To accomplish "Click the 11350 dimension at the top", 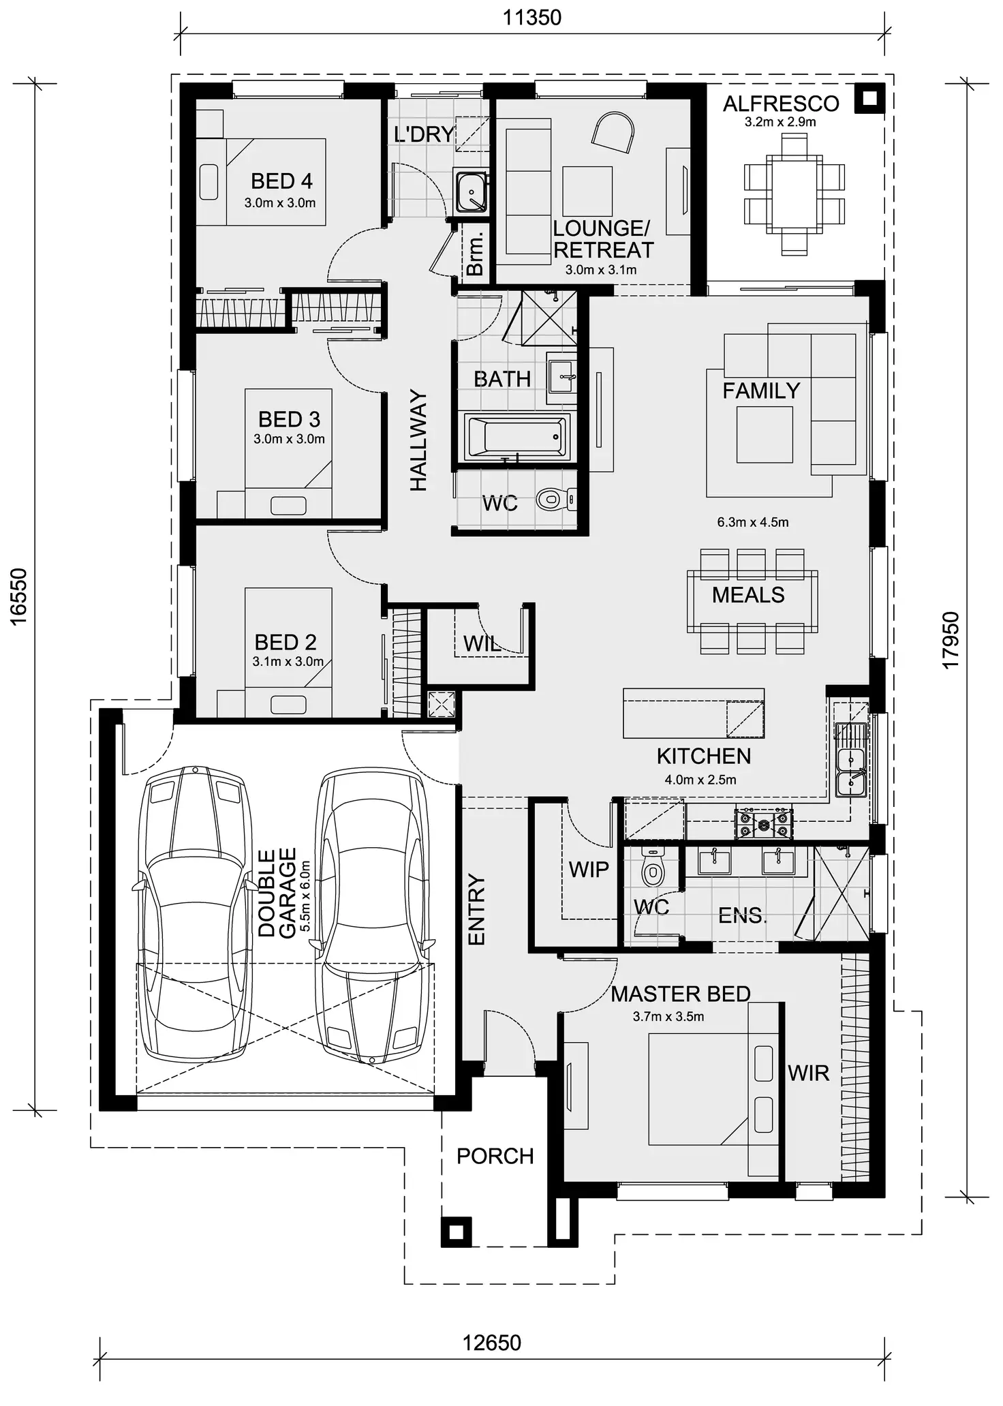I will [531, 18].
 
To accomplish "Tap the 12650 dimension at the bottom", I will [491, 1343].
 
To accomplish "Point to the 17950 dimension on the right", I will [951, 641].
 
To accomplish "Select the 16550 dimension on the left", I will [18, 596].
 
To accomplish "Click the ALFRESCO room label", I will [781, 104].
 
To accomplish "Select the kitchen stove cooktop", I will [764, 824].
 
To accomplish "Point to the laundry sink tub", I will [470, 192].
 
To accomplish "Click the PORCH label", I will [495, 1156].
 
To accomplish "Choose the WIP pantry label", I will [589, 870].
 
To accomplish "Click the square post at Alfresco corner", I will [869, 98].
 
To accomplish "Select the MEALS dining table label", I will [748, 595].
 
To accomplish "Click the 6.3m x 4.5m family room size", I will [753, 522].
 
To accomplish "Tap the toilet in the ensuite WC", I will [653, 868].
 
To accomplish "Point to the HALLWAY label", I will [418, 440].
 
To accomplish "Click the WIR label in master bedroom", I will [809, 1073].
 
